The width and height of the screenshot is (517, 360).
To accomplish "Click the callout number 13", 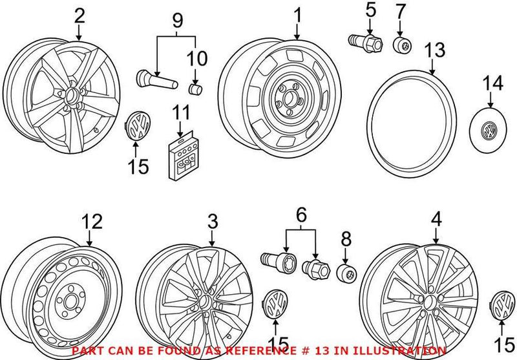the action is (434, 50).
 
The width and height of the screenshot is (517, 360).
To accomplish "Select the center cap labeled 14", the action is (488, 130).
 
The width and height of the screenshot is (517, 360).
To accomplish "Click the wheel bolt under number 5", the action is (365, 43).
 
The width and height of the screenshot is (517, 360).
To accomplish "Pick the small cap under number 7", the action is (402, 45).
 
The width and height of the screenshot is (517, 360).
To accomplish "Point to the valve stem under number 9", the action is (157, 79).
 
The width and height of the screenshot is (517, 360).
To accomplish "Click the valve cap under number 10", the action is (195, 89).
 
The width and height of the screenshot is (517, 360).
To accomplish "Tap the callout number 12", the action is (92, 222).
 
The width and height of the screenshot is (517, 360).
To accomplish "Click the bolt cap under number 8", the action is (346, 273).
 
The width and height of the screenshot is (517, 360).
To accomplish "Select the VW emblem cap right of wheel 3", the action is (276, 304).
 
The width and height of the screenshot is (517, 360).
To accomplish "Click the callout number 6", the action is (301, 215).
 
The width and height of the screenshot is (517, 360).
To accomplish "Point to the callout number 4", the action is (436, 220).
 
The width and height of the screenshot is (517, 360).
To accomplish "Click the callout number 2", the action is (79, 16).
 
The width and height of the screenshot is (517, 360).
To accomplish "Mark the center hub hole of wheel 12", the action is (70, 301).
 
